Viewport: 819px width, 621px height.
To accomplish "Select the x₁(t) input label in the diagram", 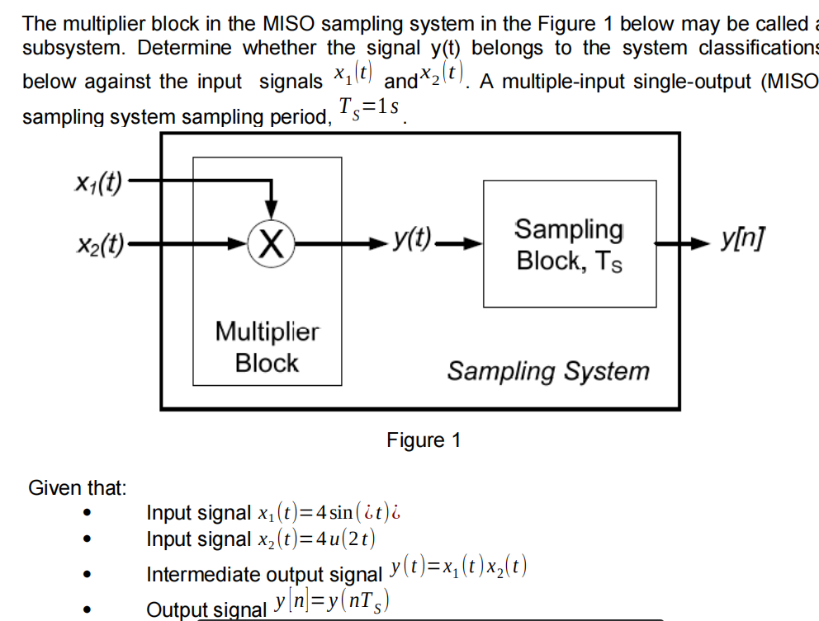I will click(97, 182).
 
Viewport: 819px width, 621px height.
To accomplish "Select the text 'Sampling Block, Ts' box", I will click(569, 244).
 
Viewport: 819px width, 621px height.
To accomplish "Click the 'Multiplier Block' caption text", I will click(267, 347).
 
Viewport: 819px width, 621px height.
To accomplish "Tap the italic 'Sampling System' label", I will click(548, 371).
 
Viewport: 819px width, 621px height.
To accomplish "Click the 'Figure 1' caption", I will click(424, 440).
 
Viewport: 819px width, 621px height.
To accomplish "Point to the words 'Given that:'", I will click(78, 488).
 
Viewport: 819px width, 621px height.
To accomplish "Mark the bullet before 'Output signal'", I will click(86, 609).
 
